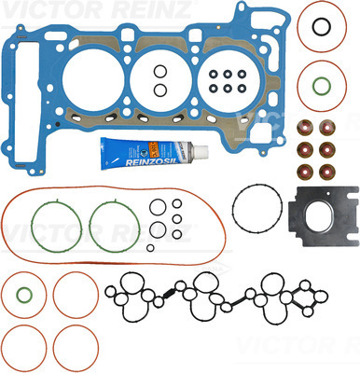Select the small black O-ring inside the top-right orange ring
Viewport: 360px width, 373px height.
321,27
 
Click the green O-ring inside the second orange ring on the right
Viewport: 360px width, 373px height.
322,86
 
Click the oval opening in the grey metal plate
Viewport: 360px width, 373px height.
320,217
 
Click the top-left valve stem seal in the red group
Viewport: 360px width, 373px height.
305,127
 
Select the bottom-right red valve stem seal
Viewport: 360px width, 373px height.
327,172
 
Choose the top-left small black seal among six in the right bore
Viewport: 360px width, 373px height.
214,75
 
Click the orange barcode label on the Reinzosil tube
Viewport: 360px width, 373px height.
154,149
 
